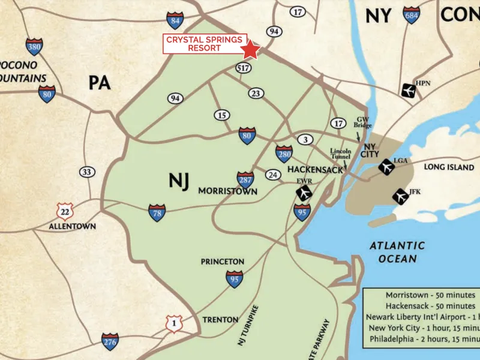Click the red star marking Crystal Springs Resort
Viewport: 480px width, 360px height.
coord(250,50)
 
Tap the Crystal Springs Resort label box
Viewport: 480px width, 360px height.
coord(204,44)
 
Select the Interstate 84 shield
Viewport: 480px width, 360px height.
coord(175,20)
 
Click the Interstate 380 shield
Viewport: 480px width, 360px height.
coord(34,47)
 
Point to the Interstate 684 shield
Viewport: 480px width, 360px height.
coord(412,14)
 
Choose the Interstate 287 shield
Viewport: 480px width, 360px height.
coord(245,179)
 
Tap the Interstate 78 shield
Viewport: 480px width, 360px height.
coord(157,212)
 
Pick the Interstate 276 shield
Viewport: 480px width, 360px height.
coord(110,341)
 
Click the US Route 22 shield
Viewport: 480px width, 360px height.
coord(64,211)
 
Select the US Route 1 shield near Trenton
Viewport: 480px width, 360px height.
coord(174,324)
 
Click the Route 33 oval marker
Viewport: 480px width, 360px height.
coord(87,172)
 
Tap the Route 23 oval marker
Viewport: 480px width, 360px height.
coord(256,93)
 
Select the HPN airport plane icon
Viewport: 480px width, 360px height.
coord(408,91)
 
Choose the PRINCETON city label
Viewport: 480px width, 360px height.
coord(222,262)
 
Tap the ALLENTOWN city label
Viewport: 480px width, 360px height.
coord(73,227)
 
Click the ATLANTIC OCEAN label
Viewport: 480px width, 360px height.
coord(397,252)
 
